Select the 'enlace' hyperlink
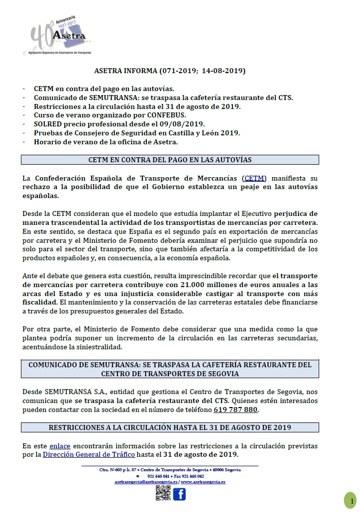60,446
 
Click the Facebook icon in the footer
179,494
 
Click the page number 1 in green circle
351,500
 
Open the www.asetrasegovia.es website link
203,482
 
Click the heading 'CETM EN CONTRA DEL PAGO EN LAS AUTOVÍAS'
170,160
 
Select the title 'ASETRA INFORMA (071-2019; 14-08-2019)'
170,71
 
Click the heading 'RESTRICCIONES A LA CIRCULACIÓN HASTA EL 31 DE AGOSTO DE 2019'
170,427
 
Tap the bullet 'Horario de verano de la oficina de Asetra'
105,142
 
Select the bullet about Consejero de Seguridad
137,133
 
